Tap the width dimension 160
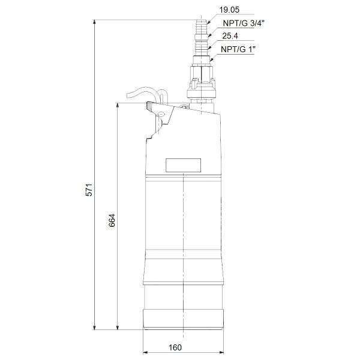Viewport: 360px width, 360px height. coord(175,347)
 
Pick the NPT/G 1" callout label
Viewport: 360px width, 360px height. coord(236,50)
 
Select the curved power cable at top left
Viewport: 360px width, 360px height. coord(141,93)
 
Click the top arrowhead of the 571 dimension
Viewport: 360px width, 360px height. coord(95,22)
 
